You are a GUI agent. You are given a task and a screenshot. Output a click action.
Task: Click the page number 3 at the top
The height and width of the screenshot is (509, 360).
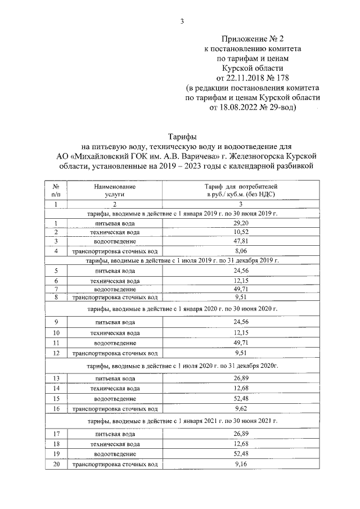point(181,22)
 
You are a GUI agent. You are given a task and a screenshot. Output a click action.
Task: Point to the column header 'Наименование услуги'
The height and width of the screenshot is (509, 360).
point(115,189)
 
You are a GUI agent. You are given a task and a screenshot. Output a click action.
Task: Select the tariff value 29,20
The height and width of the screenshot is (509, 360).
point(241,223)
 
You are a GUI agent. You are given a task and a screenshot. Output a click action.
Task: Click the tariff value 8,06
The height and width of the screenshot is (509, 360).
point(241,251)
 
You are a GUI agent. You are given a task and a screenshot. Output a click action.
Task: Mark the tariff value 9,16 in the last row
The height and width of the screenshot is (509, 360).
point(241,464)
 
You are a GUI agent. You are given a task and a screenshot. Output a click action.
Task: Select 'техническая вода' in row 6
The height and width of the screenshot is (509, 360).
point(115,280)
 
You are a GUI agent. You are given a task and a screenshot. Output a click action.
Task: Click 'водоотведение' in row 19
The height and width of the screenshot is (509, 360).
point(115,453)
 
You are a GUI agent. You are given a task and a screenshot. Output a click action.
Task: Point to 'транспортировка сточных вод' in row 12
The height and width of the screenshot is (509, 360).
point(115,354)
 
